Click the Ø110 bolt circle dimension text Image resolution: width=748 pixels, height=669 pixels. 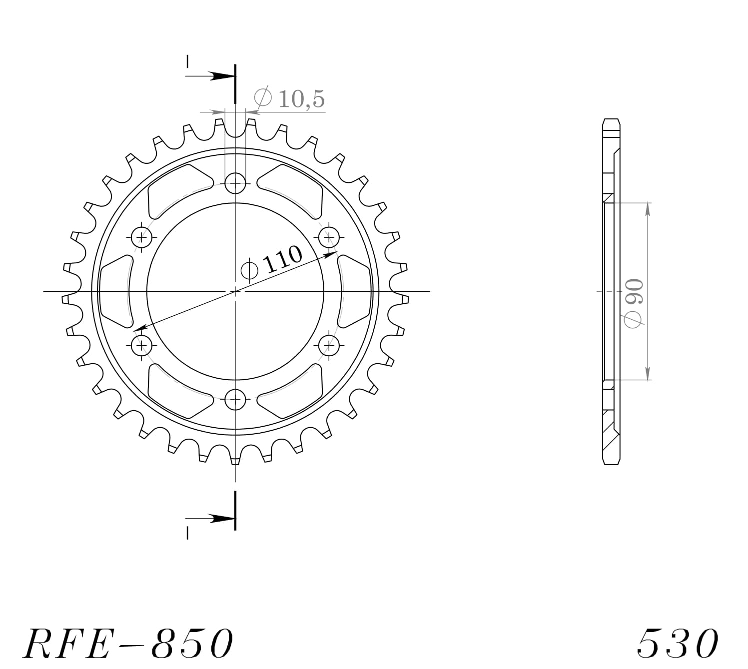[272, 263]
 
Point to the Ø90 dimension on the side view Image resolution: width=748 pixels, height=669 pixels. [634, 303]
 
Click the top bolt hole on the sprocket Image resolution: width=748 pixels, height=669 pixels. [235, 183]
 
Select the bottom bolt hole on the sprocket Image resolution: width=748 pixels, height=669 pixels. [235, 399]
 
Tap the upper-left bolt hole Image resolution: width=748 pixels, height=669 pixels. [142, 237]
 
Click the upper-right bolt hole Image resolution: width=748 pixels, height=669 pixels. [329, 237]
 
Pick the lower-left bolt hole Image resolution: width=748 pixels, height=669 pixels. [142, 345]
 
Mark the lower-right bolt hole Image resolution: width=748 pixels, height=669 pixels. [329, 345]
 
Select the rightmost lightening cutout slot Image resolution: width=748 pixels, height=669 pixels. [355, 291]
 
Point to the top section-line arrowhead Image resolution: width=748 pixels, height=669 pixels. [220, 76]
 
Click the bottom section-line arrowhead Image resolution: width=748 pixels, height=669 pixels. [220, 518]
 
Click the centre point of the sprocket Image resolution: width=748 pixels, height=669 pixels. [235, 291]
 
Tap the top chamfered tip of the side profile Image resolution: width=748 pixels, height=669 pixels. [612, 121]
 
